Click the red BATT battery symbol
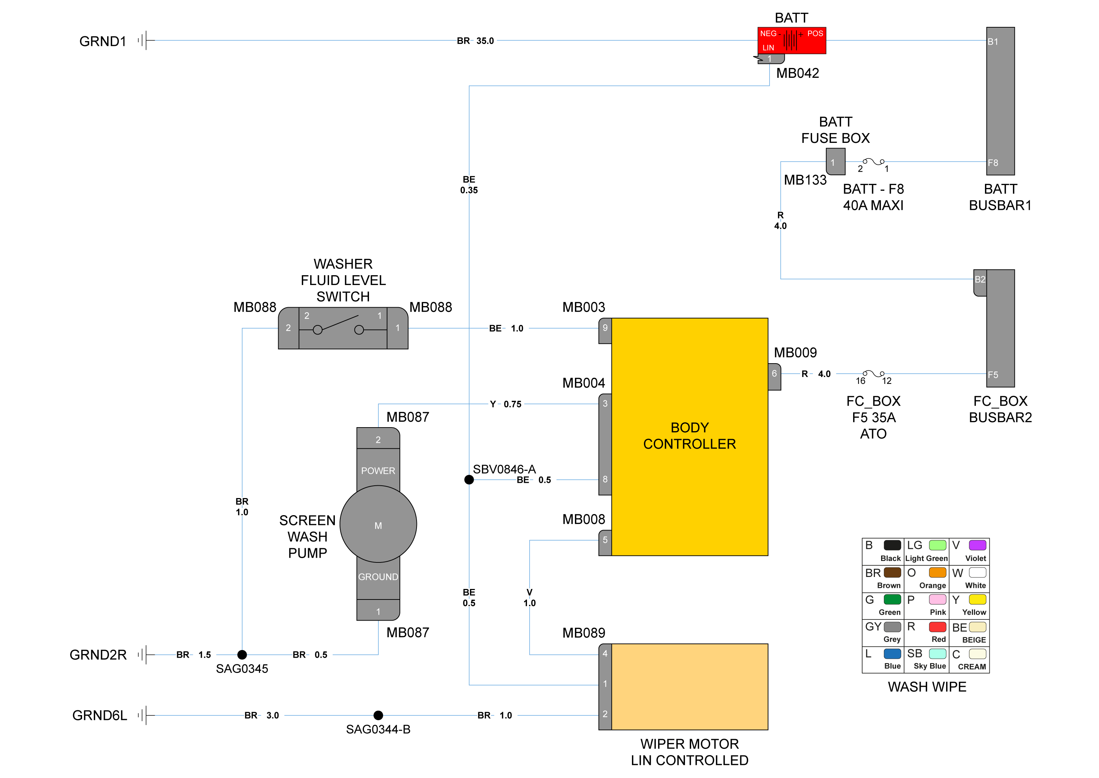click(792, 40)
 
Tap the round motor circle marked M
click(378, 524)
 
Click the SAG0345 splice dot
click(242, 654)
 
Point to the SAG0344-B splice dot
click(378, 715)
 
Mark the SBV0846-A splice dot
click(469, 480)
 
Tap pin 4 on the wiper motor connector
click(605, 653)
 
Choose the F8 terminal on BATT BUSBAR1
click(993, 163)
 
